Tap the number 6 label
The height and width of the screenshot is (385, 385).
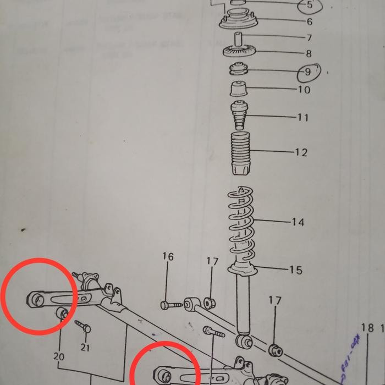310,22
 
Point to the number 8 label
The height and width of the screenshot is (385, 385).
309,54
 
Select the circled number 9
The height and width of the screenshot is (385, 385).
308,72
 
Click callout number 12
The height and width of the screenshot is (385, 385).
301,152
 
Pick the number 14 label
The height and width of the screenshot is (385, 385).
298,222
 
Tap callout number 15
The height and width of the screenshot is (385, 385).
295,270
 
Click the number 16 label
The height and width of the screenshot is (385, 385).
168,257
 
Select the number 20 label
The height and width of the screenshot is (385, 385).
59,356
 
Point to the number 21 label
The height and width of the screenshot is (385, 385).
84,347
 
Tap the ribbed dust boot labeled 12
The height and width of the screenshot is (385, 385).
240,153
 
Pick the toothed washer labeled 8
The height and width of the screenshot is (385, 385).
238,52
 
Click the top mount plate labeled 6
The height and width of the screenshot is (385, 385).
239,23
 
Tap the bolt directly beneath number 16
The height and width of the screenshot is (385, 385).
171,304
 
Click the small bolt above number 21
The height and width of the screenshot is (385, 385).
82,325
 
